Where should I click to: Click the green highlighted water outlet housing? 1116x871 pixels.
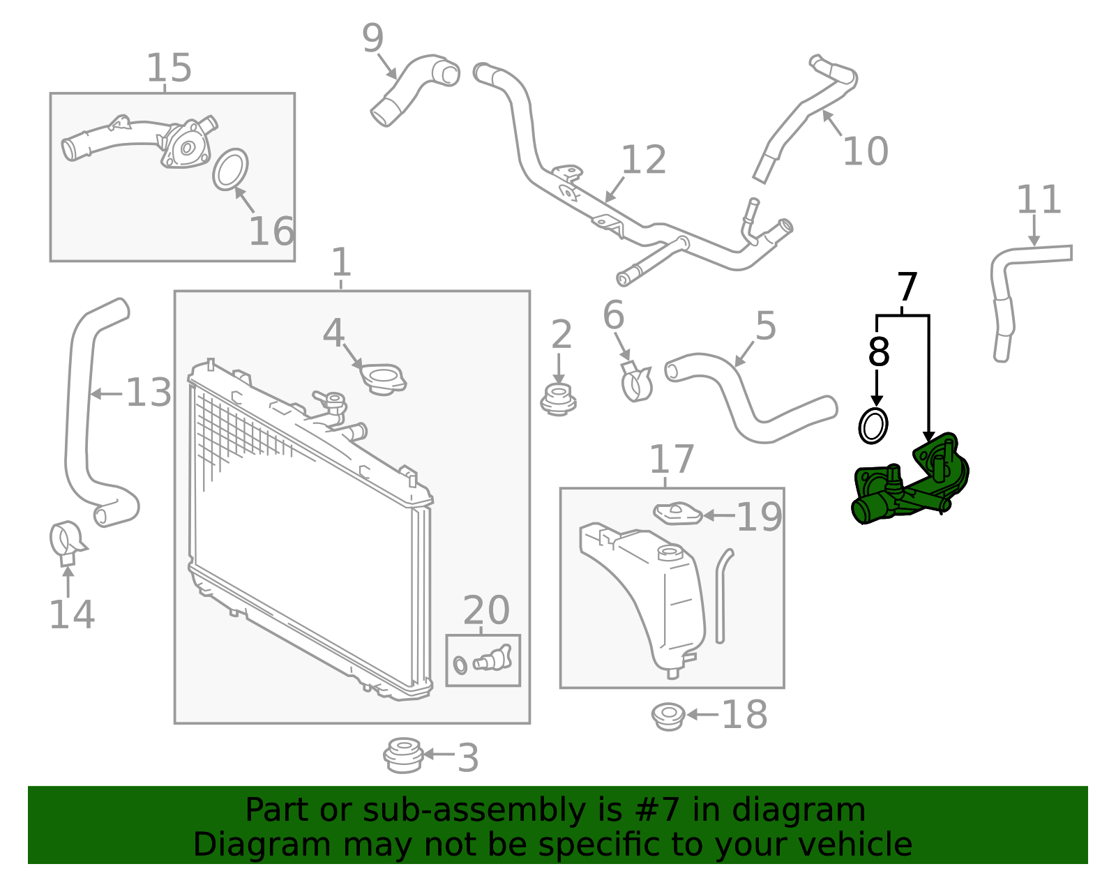pyautogui.click(x=907, y=485)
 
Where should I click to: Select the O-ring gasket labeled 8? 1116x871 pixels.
pyautogui.click(x=873, y=426)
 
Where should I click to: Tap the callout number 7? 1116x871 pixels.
pyautogui.click(x=906, y=287)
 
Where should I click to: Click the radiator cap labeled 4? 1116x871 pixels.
pyautogui.click(x=383, y=379)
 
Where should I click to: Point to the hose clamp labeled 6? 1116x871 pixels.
pyautogui.click(x=635, y=382)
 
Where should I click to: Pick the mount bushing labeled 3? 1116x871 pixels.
pyautogui.click(x=402, y=755)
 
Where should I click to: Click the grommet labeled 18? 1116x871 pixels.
pyautogui.click(x=668, y=716)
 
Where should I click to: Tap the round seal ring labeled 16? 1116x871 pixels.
pyautogui.click(x=230, y=169)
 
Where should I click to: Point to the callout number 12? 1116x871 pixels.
pyautogui.click(x=643, y=160)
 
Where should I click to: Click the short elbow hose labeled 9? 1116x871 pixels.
pyautogui.click(x=412, y=87)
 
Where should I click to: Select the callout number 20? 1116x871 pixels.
pyautogui.click(x=486, y=611)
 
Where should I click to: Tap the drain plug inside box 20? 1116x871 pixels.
pyautogui.click(x=494, y=658)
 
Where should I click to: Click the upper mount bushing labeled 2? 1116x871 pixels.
pyautogui.click(x=558, y=400)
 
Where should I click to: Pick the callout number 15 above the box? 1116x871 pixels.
pyautogui.click(x=169, y=68)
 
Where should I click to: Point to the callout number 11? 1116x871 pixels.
pyautogui.click(x=1038, y=200)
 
